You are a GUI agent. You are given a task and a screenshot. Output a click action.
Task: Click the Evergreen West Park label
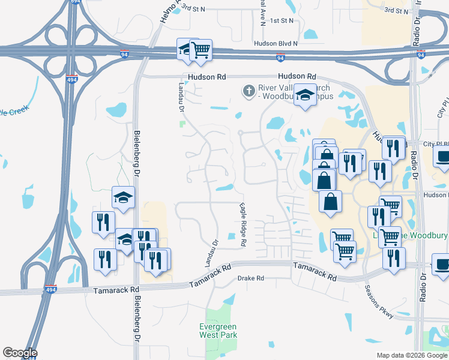click(x=218, y=331)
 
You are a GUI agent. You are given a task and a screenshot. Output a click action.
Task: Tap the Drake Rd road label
click(x=251, y=278)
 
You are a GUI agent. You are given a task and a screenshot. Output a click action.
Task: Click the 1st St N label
click(x=282, y=20)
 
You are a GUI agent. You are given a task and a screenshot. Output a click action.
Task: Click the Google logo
click(x=20, y=353)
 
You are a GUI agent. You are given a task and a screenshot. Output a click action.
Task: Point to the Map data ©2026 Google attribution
click(x=411, y=355)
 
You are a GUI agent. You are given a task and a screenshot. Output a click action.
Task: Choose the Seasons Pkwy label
click(x=379, y=299)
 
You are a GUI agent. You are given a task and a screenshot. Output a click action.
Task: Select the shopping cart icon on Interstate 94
click(x=200, y=49)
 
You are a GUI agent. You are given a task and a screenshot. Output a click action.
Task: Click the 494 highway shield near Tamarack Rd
click(x=52, y=289)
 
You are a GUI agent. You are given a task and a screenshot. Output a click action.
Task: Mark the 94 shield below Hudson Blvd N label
click(x=280, y=58)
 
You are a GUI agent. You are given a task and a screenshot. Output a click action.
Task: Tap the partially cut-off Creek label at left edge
click(x=13, y=111)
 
